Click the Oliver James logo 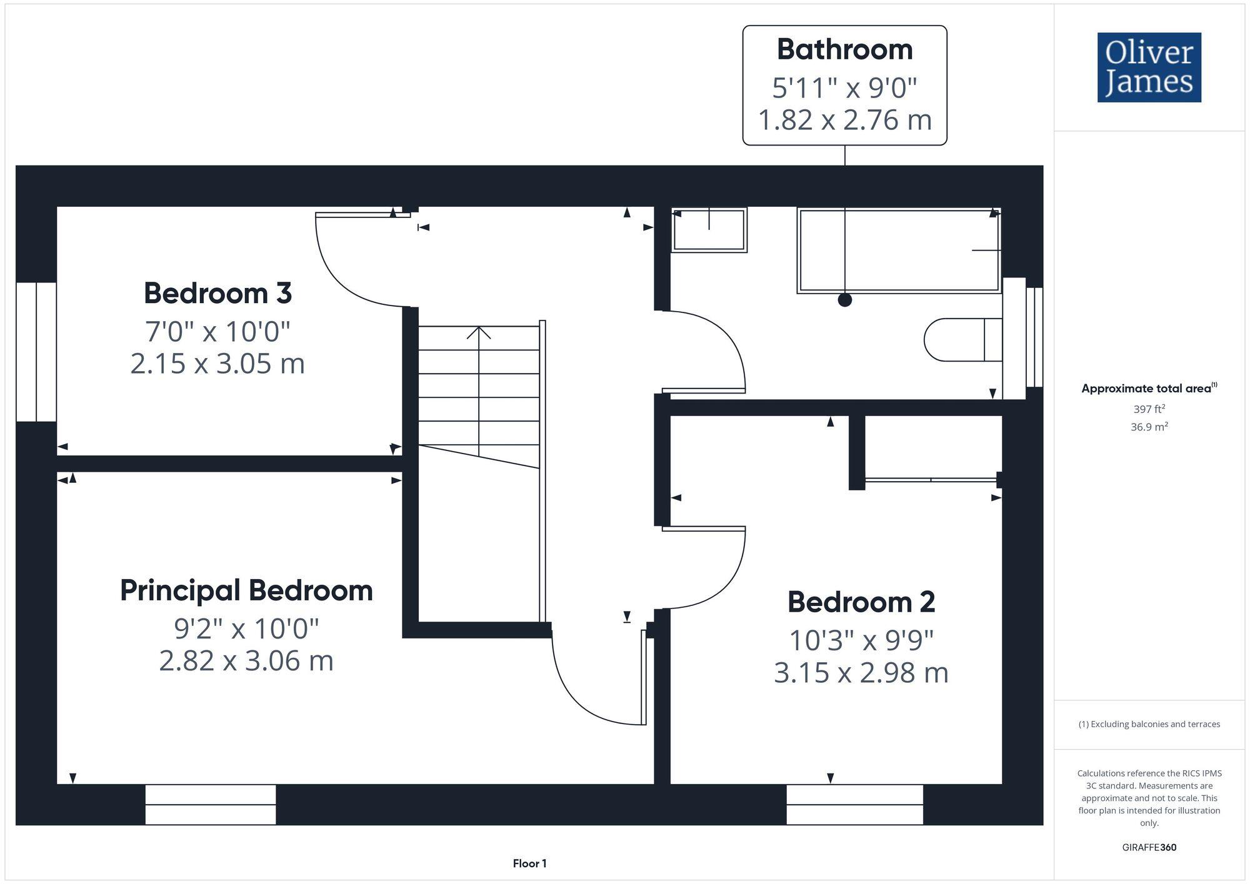(1149, 67)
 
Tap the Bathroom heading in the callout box (844, 50)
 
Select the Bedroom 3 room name (217, 293)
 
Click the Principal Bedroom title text (246, 590)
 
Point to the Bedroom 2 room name (861, 602)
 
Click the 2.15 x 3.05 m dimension (217, 364)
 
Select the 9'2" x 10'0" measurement (246, 628)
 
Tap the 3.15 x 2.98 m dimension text (861, 673)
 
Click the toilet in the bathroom (962, 340)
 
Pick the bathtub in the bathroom (899, 251)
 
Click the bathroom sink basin (709, 230)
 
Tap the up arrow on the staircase (479, 333)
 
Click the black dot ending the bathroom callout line (844, 300)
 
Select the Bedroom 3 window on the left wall (36, 352)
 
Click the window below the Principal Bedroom (211, 805)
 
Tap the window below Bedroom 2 (854, 805)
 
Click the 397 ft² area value (1149, 409)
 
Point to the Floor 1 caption (529, 863)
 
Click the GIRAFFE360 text (1149, 848)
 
